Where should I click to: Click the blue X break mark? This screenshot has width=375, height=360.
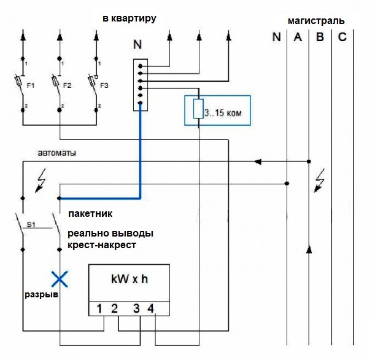point(60,279)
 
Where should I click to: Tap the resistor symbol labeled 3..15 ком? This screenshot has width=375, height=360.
point(198,109)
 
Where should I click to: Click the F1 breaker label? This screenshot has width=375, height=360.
point(30,85)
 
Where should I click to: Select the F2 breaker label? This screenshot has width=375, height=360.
point(67,85)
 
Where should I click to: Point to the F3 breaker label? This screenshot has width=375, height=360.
point(104,85)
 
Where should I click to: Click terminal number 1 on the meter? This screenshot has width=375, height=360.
point(99,309)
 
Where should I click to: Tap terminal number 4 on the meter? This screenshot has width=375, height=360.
point(150,309)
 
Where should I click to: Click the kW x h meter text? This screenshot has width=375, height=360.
point(130,279)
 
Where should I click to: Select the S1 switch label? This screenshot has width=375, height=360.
point(31,225)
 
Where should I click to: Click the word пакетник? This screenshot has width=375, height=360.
point(90,214)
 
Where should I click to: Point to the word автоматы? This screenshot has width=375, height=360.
point(57,153)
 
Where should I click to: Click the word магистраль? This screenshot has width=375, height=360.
point(316,21)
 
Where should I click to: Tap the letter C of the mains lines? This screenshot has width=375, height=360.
point(342,37)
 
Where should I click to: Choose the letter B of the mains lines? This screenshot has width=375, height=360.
point(320,37)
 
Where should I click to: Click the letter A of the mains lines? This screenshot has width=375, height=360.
point(298,37)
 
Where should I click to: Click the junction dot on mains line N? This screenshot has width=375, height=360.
point(287,184)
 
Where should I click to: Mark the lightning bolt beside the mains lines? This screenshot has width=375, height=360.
point(319,180)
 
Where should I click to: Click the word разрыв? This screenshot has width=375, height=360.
point(42,295)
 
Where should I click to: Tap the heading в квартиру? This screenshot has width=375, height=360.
point(130,18)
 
